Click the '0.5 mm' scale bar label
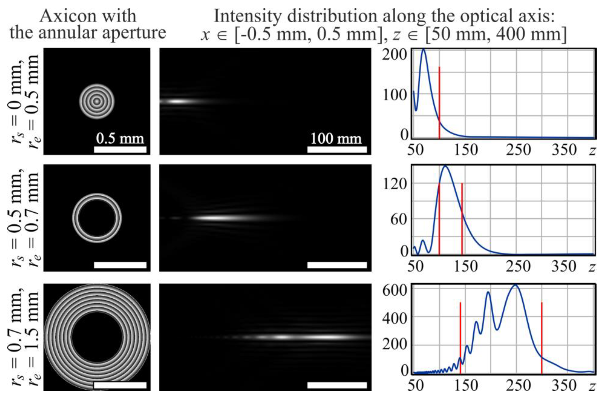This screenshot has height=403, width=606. point(120,139)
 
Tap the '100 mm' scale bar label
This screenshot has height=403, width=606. point(336,139)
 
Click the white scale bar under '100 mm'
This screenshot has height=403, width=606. point(337,150)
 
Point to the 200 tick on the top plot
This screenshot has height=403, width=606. point(394,55)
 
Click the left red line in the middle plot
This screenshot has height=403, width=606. point(439,218)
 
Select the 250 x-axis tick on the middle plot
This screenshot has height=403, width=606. point(518,266)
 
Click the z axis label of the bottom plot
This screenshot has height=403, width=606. point(592,385)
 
